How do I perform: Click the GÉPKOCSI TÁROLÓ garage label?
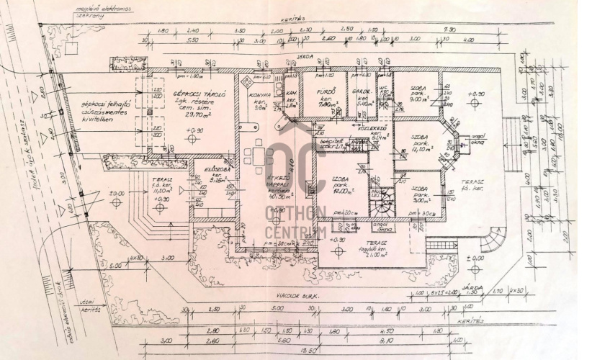point(191,94)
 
